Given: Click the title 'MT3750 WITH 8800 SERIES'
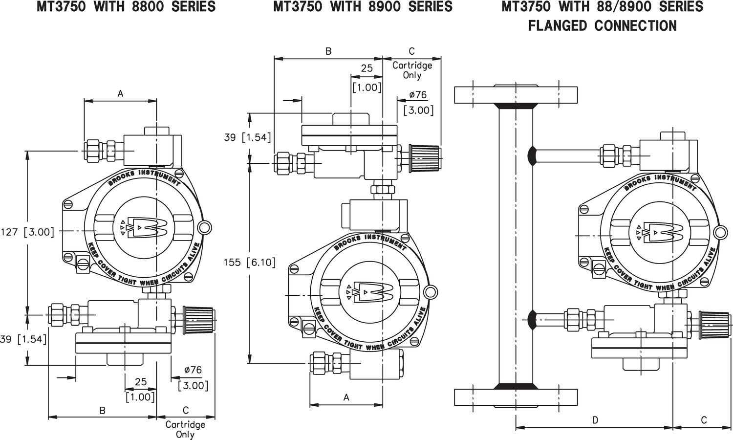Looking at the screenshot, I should click(126, 7).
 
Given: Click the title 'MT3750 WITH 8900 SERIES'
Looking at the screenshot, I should click(363, 7).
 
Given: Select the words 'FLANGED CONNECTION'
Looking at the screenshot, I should click(603, 25).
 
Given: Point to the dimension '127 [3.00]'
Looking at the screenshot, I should click(28, 232).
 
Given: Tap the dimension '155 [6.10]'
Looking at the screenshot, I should click(250, 263).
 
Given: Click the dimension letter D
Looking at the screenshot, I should click(595, 420).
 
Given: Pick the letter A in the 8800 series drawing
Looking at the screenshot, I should click(120, 94).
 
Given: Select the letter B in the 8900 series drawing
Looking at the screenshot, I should click(328, 51).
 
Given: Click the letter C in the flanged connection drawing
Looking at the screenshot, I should click(703, 420).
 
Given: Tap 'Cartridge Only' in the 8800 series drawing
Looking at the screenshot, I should click(185, 429).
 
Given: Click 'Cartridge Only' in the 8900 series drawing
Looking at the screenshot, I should click(412, 70).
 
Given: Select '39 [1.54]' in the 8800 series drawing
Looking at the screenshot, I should click(23, 339).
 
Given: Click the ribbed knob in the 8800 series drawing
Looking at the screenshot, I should click(198, 320).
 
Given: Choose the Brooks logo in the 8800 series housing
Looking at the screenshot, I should click(142, 228).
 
